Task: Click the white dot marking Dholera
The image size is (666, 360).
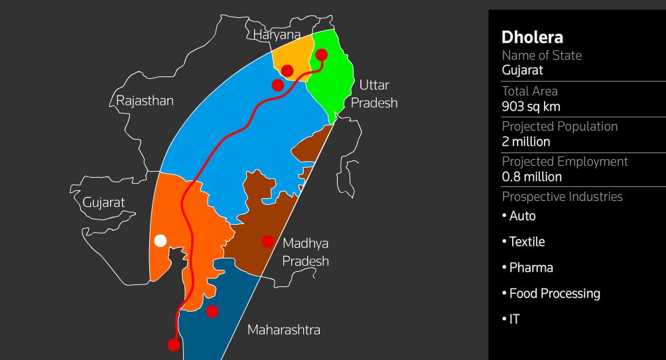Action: (x=160, y=241)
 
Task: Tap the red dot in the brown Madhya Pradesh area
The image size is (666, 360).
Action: (x=268, y=241)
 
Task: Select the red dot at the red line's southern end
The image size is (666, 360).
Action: (x=174, y=344)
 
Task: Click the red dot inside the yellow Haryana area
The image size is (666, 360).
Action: (x=287, y=70)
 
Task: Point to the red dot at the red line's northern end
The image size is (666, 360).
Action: (x=321, y=54)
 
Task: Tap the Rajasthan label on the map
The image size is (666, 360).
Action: (x=145, y=101)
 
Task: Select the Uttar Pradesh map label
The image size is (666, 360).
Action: (x=374, y=93)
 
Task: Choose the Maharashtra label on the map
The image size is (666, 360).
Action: (x=283, y=330)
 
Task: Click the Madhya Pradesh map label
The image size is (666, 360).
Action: (x=305, y=252)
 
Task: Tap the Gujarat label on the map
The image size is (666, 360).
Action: (x=103, y=203)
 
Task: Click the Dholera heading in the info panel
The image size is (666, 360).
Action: (x=533, y=38)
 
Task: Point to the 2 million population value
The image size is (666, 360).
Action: (x=526, y=141)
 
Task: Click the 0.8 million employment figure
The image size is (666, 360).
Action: (x=532, y=177)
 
